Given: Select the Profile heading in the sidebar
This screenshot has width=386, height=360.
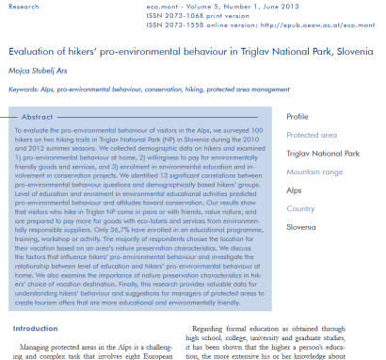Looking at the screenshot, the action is [298, 116].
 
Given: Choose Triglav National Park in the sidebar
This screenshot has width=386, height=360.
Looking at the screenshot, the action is [324, 153].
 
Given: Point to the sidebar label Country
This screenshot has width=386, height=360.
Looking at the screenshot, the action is [301, 208].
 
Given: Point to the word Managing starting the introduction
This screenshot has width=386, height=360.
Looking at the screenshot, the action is [50, 346].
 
